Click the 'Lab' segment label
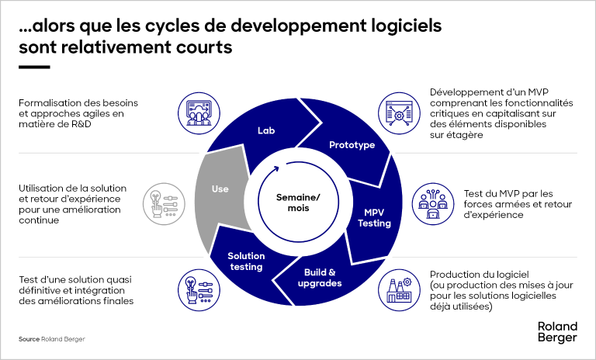coord(266,130)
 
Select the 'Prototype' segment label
coord(352,145)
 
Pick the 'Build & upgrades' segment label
coord(319,277)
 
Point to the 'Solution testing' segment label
coord(246,261)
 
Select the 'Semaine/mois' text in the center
coord(298,203)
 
